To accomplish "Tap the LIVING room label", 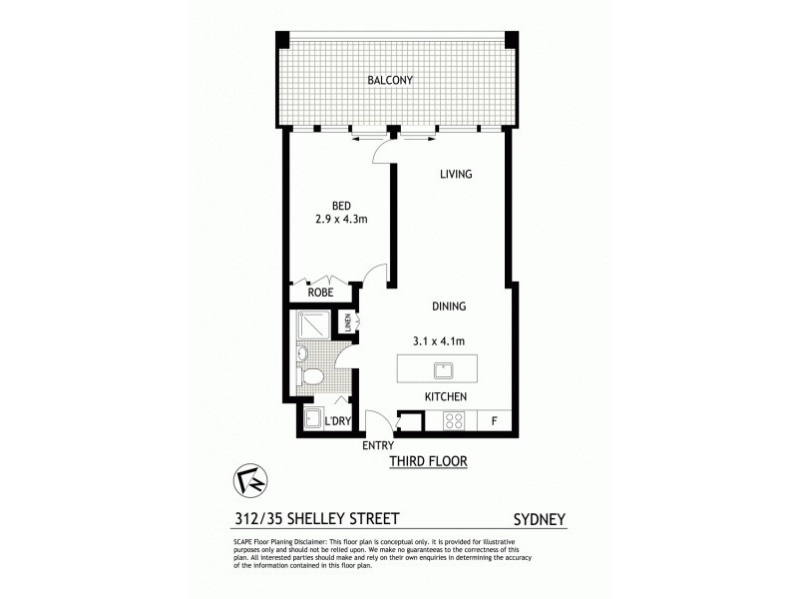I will click(x=456, y=175).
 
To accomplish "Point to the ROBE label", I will click(x=320, y=294).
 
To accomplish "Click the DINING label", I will click(x=450, y=306).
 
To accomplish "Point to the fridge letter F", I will click(x=494, y=421).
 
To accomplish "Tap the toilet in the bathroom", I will click(x=313, y=376).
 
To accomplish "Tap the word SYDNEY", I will click(x=540, y=520).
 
